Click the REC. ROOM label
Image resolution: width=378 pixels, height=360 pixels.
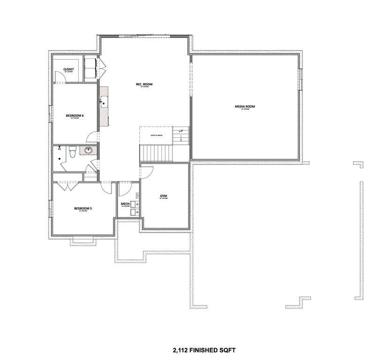tap(144, 84)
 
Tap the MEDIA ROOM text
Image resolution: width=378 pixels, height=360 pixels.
tap(245, 107)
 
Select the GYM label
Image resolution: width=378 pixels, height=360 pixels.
tap(164, 196)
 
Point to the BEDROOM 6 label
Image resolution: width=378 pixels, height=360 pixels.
tap(75, 115)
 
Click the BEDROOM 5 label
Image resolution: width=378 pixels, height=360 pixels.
tap(83, 209)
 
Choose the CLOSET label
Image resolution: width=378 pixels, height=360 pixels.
tap(68, 69)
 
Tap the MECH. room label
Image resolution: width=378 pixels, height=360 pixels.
tap(125, 204)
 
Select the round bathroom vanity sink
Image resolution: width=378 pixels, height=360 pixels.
tap(88, 150)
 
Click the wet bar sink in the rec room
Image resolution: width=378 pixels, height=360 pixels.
tap(103, 100)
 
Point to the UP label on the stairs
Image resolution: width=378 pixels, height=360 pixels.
tap(180, 131)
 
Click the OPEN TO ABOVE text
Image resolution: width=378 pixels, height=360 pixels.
tap(156, 135)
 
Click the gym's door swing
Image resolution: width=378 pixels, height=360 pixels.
tap(146, 171)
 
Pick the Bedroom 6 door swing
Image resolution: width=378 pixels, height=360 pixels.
tap(92, 137)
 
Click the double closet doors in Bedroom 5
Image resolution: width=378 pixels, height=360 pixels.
tap(69, 186)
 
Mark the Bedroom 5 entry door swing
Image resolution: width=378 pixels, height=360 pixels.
tap(107, 187)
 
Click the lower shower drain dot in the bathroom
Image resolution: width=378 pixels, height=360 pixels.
tap(59, 158)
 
